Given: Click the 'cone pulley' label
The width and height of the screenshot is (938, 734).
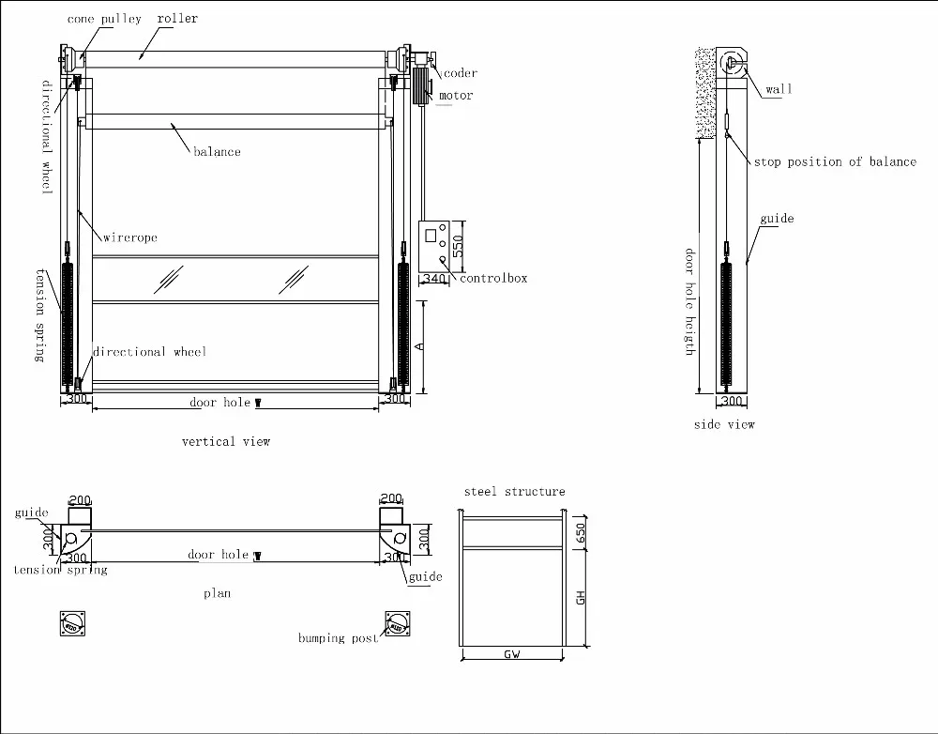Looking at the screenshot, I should [103, 19].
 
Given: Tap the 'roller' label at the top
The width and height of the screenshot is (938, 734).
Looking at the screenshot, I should [177, 19].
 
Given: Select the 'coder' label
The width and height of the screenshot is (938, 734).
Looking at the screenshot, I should [461, 73].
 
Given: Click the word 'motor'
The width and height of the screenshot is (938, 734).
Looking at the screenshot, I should [456, 96].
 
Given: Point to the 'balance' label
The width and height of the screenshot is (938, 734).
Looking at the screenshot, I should [217, 152].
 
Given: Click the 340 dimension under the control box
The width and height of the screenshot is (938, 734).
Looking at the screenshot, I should [433, 279].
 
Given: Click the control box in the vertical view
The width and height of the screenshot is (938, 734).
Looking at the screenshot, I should [432, 246].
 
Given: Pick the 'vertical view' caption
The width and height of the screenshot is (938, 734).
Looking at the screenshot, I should [225, 441].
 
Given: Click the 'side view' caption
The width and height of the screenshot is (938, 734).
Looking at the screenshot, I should [724, 424].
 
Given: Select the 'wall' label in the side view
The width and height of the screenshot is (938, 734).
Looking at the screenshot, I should [779, 89].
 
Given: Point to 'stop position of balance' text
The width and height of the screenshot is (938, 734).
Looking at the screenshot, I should [835, 162].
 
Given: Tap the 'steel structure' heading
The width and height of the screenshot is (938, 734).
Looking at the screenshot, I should [514, 492].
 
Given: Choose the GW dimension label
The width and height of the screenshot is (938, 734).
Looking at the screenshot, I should [512, 654].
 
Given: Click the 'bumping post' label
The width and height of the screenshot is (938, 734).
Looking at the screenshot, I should [338, 639].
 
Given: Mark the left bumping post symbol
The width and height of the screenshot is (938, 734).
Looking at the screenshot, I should [72, 624].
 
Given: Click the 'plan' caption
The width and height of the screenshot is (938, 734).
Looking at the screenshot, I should [217, 593].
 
